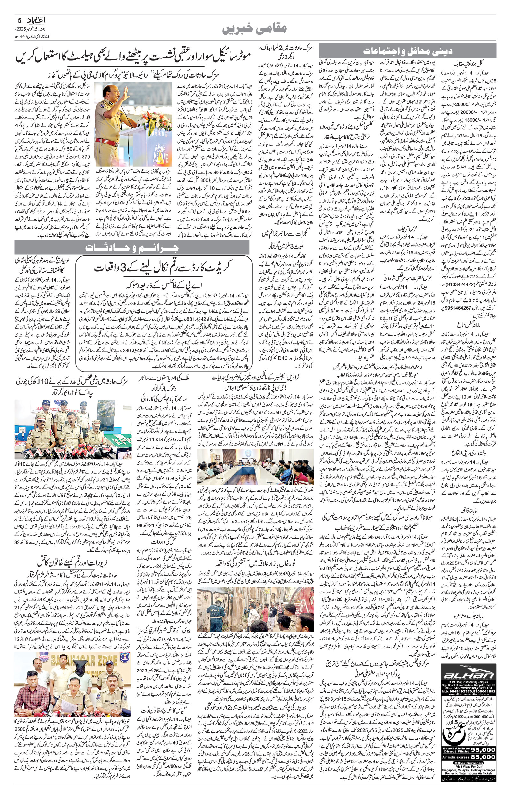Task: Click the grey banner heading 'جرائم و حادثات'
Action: point(132,247)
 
